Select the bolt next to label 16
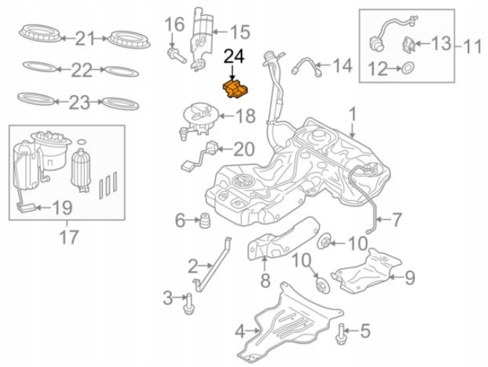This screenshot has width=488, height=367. (174, 54)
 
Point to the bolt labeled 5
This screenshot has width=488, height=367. (341, 333)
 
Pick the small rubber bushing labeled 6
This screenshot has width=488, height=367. (205, 220)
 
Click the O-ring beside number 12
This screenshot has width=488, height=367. (408, 70)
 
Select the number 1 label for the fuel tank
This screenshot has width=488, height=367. (352, 115)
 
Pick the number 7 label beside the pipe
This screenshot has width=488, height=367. (397, 218)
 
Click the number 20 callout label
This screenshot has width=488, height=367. (243, 149)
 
